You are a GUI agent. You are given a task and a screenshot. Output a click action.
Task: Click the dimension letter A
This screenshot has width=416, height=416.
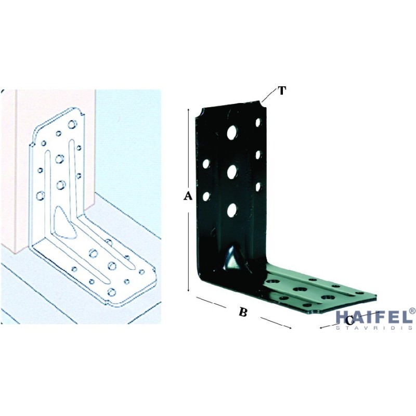pyautogui.click(x=188, y=196)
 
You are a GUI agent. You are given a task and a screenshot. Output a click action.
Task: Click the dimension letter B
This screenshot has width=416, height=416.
pyautogui.click(x=243, y=312)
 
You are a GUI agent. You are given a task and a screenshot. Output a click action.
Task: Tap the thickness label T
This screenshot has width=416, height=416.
pyautogui.click(x=282, y=90)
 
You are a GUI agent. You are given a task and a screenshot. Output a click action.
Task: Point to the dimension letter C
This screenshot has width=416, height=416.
pyautogui.click(x=349, y=321)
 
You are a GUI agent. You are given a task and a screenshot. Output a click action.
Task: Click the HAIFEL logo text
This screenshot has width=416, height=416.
pyautogui.click(x=373, y=317)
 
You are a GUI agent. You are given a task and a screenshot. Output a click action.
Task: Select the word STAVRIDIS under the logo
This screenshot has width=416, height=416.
pyautogui.click(x=374, y=328)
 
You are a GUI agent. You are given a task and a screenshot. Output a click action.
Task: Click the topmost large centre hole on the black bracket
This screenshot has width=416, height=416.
pyautogui.click(x=232, y=132)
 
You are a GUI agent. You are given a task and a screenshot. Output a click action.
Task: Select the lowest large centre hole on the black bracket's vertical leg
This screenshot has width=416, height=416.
pyautogui.click(x=232, y=210)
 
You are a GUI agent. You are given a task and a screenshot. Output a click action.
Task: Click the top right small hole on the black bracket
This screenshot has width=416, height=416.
pyautogui.click(x=258, y=122)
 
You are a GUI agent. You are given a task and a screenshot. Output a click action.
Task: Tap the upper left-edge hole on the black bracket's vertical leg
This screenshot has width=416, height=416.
pyautogui.click(x=206, y=164)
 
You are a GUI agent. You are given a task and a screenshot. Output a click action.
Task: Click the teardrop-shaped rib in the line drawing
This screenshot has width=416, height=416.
pyautogui.click(x=64, y=223)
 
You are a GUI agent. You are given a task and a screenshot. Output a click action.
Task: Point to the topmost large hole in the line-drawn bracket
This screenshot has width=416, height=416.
pyautogui.click(x=72, y=124)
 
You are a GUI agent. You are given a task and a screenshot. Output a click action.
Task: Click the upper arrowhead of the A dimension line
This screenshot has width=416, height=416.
pyautogui.click(x=188, y=110)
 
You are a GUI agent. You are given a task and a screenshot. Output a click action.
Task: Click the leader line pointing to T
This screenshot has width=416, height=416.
pyautogui.click(x=269, y=96)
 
